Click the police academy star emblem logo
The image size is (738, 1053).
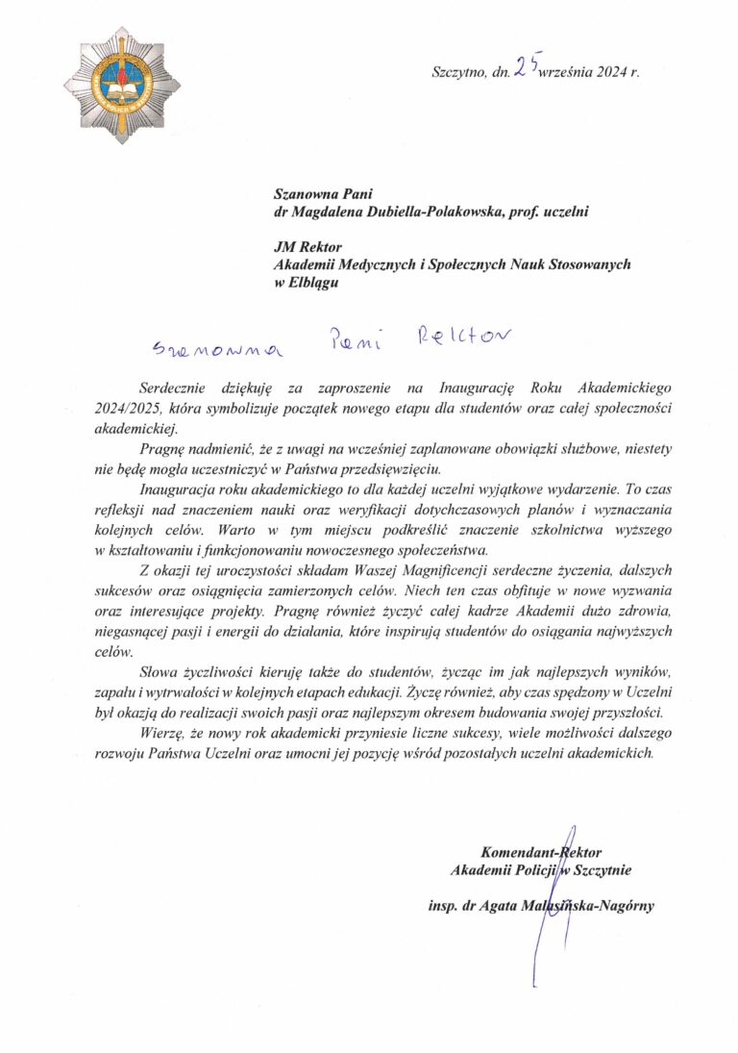click(x=113, y=86)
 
